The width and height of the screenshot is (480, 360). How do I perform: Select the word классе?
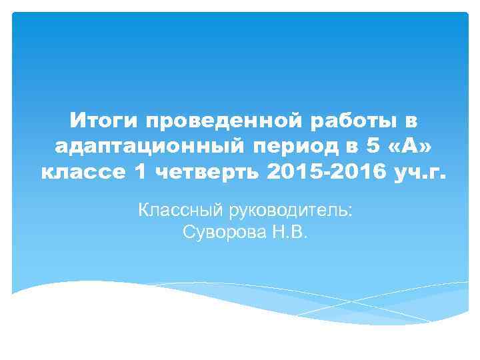point(81,173)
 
